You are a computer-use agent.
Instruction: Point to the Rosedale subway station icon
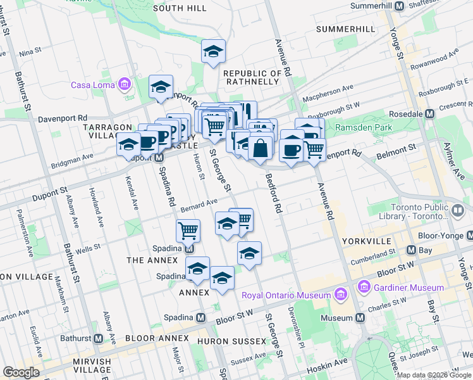[x=429, y=113]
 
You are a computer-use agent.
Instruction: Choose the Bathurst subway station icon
[x=98, y=338]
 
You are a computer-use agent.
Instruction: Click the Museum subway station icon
[x=360, y=317]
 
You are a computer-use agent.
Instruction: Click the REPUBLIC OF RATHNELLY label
[x=252, y=77]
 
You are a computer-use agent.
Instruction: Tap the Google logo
[x=21, y=372]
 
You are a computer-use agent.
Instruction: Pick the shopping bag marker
[x=260, y=149]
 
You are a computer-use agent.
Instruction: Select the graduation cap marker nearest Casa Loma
[x=161, y=87]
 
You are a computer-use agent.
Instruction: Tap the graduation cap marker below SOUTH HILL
[x=214, y=51]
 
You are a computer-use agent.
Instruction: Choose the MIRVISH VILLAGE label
[x=83, y=366]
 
